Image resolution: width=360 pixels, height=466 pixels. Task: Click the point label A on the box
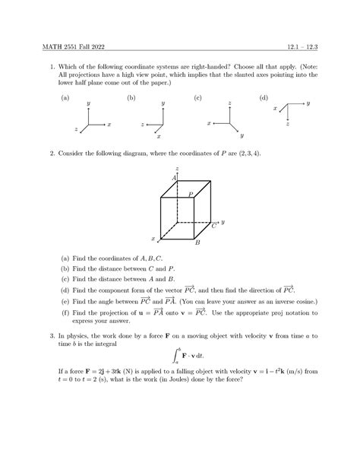[x=174, y=177]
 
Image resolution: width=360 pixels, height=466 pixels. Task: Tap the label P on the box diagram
[x=191, y=195]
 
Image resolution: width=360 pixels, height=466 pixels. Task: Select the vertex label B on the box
[x=197, y=243]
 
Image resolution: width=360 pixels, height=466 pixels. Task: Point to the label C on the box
[x=214, y=225]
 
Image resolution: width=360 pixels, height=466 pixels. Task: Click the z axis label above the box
[x=176, y=168]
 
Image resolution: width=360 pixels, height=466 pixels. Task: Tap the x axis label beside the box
[x=153, y=239]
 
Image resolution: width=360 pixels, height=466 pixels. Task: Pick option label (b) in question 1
[x=131, y=98]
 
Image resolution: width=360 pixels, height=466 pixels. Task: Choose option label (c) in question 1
[x=197, y=98]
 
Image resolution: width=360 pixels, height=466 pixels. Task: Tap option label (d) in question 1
[x=264, y=98]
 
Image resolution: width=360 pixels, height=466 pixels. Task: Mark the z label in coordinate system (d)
[x=288, y=124]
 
